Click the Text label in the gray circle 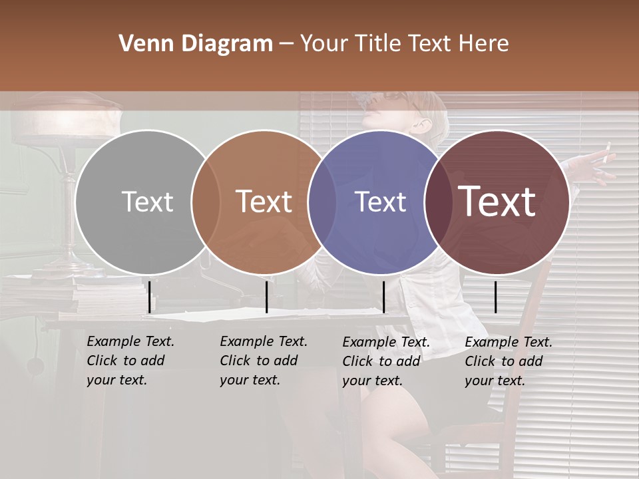147,202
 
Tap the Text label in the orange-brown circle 264,202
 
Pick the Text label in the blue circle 380,202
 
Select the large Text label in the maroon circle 497,202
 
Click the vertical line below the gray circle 149,297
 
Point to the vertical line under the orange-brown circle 266,297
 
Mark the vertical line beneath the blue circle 383,297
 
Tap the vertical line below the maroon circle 495,297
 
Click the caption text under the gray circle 130,361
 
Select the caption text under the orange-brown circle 263,361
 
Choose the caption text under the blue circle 385,361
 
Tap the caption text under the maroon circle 508,361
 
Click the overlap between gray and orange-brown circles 206,202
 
